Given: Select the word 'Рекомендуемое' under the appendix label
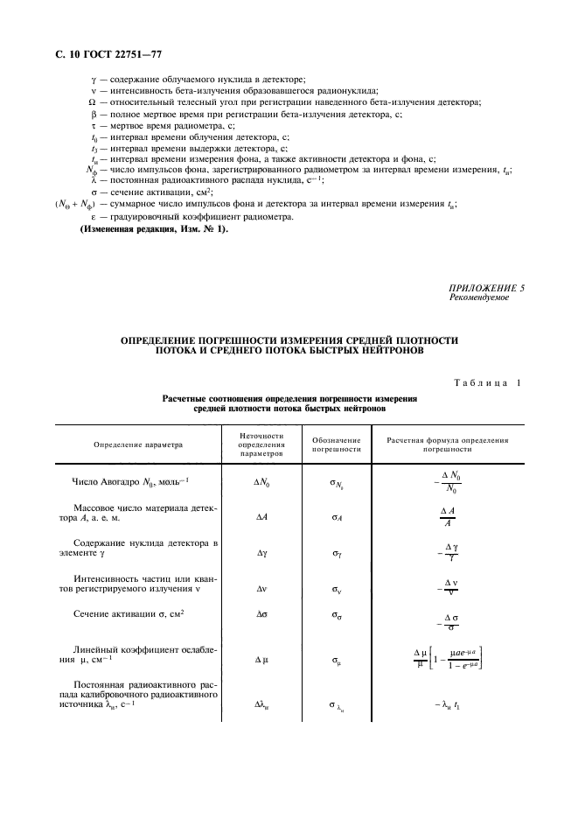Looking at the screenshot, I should (x=478, y=297).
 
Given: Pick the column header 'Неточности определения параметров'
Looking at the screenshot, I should (x=261, y=444).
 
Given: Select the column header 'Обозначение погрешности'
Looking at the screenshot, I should (x=337, y=444).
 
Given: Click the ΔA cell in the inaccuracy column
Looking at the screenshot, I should (x=261, y=517).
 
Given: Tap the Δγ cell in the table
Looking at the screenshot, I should (x=261, y=553).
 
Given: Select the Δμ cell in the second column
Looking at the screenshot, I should (x=261, y=659).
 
